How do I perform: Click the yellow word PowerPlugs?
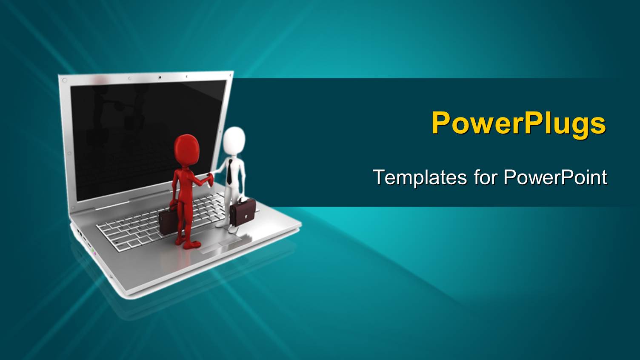518,123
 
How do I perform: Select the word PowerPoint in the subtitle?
555,177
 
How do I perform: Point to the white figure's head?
234,141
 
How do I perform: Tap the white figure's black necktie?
229,172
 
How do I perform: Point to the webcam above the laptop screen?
160,77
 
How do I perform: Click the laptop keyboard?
140,230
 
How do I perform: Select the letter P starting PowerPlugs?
441,123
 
